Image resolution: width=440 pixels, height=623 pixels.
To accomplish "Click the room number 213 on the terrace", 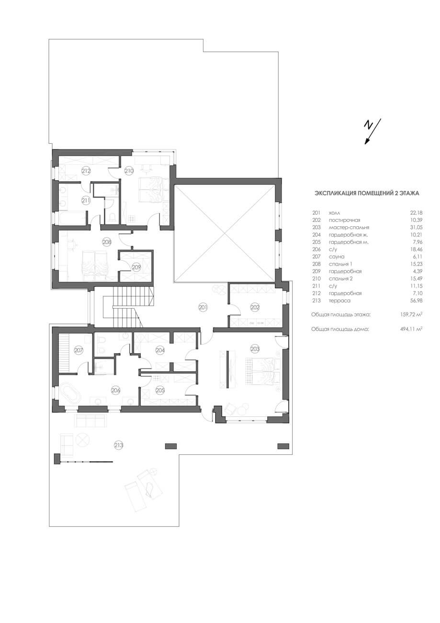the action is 119,445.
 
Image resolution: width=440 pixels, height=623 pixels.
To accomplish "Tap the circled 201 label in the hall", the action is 203,307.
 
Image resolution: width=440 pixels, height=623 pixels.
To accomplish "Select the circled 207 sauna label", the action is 79,350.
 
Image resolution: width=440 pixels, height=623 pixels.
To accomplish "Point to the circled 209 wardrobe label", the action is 136,267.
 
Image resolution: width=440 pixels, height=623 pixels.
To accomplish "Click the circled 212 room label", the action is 86,171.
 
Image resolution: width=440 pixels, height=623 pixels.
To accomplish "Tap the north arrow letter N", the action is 368,126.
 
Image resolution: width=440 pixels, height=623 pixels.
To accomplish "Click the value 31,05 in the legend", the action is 416,227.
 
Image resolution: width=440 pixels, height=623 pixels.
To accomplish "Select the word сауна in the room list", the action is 337,256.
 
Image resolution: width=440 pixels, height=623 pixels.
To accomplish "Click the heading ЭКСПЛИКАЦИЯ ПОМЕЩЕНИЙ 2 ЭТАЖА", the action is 367,193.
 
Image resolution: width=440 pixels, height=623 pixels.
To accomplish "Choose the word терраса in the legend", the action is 339,300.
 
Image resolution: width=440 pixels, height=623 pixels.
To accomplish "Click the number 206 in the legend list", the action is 316,249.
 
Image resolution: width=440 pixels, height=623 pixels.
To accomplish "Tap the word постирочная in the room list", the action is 344,220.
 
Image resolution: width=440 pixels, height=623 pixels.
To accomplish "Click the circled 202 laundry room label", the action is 255,307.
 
